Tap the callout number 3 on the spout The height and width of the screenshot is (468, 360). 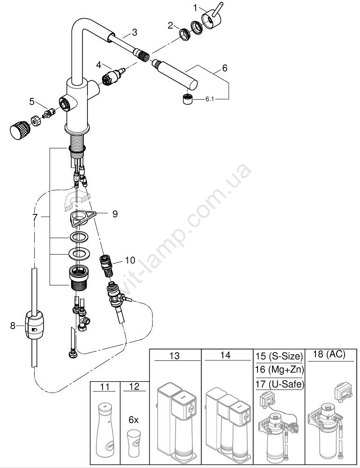(134, 32)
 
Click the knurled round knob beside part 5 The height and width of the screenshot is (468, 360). (19, 129)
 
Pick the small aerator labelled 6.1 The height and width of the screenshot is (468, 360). (188, 99)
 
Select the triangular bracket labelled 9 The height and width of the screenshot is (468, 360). (81, 216)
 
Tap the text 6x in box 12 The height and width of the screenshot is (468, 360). (133, 420)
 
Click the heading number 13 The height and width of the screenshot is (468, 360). (174, 356)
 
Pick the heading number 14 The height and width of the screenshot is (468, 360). (226, 356)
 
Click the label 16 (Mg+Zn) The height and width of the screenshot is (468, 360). (279, 370)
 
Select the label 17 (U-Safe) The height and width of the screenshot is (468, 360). (279, 385)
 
